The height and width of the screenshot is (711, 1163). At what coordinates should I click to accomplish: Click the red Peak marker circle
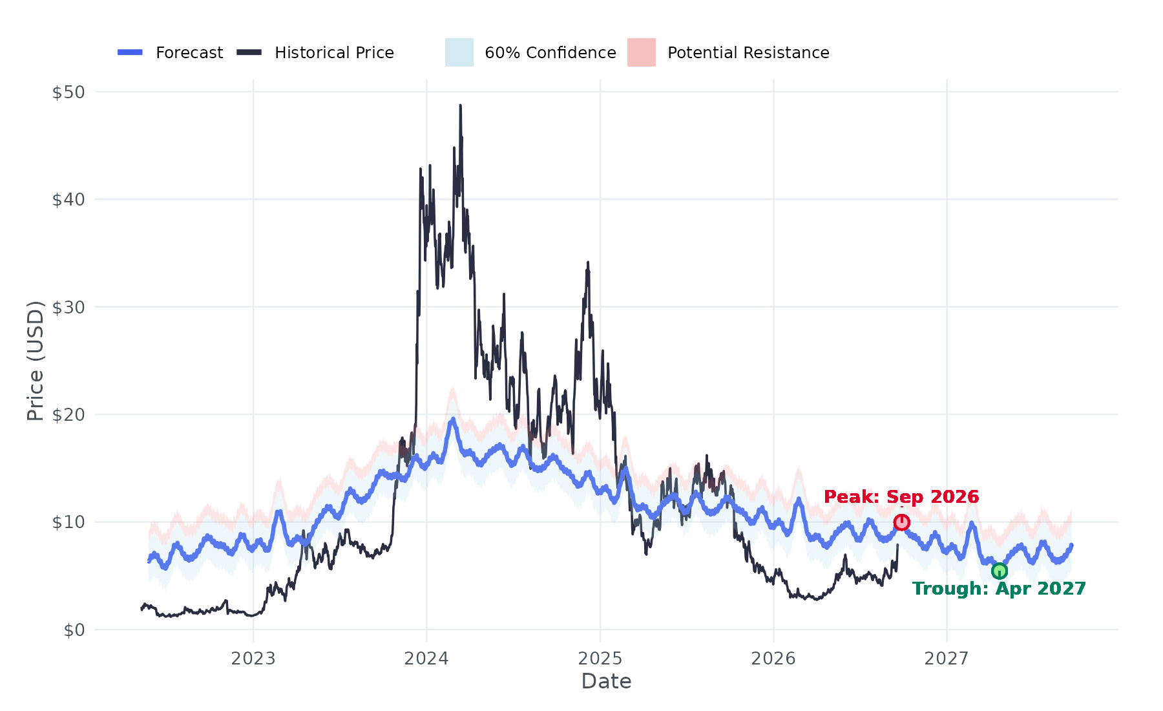[901, 522]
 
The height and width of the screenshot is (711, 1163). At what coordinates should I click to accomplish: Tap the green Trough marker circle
[1000, 571]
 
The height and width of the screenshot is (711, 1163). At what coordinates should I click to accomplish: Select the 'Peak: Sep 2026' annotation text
[901, 496]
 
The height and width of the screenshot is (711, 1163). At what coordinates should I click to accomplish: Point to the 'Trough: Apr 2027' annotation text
[999, 589]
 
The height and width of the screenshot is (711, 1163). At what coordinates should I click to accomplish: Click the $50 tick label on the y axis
[68, 92]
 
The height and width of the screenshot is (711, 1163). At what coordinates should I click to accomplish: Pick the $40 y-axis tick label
[68, 200]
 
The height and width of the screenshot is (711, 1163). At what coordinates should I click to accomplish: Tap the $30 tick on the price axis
[68, 307]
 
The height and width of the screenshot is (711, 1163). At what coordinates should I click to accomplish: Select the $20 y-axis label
[68, 414]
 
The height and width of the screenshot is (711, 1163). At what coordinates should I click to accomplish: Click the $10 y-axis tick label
[68, 522]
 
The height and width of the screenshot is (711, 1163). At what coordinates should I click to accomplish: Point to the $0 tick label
[74, 630]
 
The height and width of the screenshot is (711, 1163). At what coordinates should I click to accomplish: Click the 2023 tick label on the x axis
[253, 659]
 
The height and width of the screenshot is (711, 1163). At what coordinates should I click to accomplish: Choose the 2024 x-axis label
[426, 659]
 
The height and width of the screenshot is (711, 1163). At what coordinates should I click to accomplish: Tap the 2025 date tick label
[600, 659]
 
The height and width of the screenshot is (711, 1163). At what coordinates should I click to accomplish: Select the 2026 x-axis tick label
[773, 659]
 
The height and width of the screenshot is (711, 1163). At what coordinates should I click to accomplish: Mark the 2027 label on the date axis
[947, 659]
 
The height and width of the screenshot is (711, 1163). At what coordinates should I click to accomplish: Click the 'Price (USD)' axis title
[36, 361]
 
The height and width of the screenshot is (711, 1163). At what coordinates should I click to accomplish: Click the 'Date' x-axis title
[606, 681]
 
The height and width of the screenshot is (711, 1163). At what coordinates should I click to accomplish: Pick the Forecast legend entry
[170, 52]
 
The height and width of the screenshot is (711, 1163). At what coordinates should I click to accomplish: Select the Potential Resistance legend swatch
[642, 52]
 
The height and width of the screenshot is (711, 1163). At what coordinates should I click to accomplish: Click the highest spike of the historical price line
[460, 105]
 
